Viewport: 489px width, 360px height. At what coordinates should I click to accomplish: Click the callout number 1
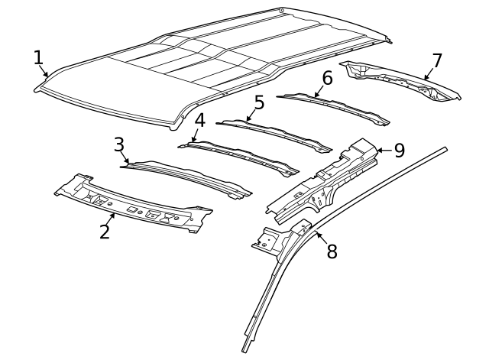(39, 58)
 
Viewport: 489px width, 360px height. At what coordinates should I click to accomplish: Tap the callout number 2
(105, 230)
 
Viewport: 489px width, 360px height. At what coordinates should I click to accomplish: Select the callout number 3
(119, 144)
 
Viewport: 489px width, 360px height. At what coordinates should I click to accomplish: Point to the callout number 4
(199, 121)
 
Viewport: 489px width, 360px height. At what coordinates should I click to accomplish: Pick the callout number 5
(259, 102)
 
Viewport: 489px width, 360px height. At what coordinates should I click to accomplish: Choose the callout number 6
(327, 78)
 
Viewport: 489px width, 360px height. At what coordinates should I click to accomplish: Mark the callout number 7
(436, 60)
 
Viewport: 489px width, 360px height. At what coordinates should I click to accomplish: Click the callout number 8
(332, 251)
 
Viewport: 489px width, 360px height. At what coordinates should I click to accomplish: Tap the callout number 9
(400, 150)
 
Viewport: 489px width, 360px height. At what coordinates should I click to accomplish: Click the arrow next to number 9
(383, 151)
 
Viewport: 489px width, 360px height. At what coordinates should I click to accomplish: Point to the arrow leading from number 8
(321, 238)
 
